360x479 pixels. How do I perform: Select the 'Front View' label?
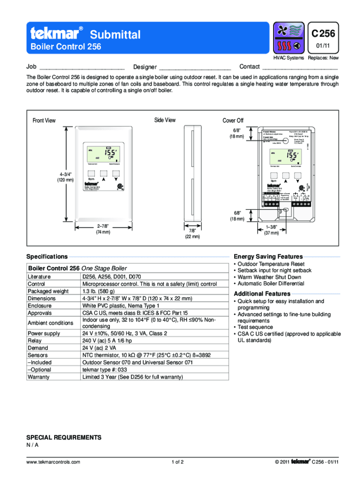pos(44,121)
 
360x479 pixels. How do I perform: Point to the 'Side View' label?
pos(165,120)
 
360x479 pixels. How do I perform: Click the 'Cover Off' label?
pos(233,121)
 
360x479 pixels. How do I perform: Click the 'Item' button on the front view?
pos(91,179)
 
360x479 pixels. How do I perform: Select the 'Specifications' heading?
pos(47,257)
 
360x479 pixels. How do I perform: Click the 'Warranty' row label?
pos(38,377)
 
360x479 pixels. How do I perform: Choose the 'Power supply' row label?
pos(44,334)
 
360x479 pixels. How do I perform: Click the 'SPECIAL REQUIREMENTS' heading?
pos(64,437)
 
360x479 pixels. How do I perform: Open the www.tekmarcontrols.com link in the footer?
pos(53,462)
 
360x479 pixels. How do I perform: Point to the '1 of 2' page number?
pos(177,462)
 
